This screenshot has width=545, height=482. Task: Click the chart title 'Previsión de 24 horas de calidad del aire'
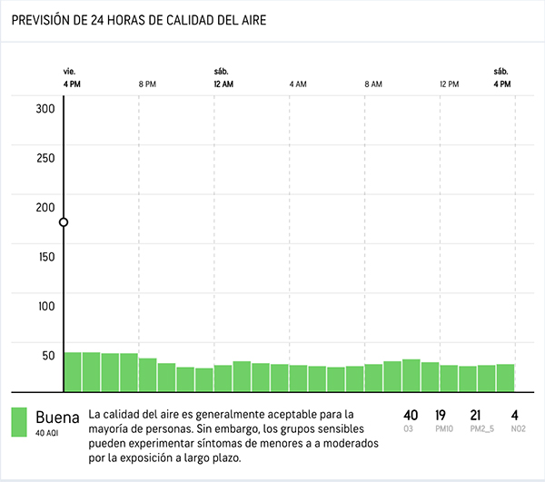pos(139,20)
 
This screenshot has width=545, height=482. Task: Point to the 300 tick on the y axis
pos(45,109)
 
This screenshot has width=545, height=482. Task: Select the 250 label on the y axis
pos(45,158)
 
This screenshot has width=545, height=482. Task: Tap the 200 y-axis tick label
pos(45,208)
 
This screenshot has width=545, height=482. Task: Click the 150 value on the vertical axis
pos(46,257)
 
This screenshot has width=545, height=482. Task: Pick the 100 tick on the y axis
pos(46,306)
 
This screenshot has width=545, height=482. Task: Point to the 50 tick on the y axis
pos(48,356)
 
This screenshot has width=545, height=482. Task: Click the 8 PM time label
pos(147,84)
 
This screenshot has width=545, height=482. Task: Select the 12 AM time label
pos(223,84)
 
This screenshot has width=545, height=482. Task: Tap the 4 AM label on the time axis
pos(298,84)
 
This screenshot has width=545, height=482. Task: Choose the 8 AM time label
pos(373,84)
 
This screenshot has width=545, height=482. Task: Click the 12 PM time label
pos(450,84)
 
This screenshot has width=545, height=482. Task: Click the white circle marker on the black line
pos(64,222)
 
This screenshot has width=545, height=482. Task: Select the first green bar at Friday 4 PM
pos(73,372)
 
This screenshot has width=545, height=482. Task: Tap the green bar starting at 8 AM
pos(373,378)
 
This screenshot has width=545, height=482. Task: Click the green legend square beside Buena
pos(19,422)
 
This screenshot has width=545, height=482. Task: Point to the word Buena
pos(58,417)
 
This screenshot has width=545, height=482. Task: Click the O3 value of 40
pos(411,416)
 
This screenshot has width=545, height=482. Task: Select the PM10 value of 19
pos(441,416)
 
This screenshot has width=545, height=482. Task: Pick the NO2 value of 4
pos(515,416)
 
